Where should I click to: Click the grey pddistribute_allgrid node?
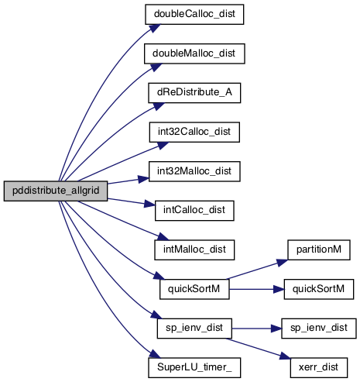(56, 191)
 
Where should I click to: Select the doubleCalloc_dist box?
(194, 15)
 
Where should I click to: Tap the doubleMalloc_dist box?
(194, 53)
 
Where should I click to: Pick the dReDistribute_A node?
(194, 93)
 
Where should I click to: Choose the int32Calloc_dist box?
(194, 132)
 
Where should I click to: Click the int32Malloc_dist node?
(194, 171)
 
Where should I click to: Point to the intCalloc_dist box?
(194, 211)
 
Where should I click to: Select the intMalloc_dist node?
(194, 250)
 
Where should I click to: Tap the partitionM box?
(319, 250)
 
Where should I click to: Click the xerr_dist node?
(319, 368)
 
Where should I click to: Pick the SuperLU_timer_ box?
(194, 368)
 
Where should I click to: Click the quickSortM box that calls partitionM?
(194, 289)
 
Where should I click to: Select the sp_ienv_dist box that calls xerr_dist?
(194, 329)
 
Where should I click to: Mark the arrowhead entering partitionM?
(282, 263)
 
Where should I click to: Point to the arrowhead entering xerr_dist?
(285, 356)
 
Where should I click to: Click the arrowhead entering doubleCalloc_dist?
(154, 28)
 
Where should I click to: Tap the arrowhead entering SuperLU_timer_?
(154, 354)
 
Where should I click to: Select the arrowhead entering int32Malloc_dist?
(143, 179)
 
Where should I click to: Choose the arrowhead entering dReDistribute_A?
(159, 106)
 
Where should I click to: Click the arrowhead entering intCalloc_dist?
(149, 204)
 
